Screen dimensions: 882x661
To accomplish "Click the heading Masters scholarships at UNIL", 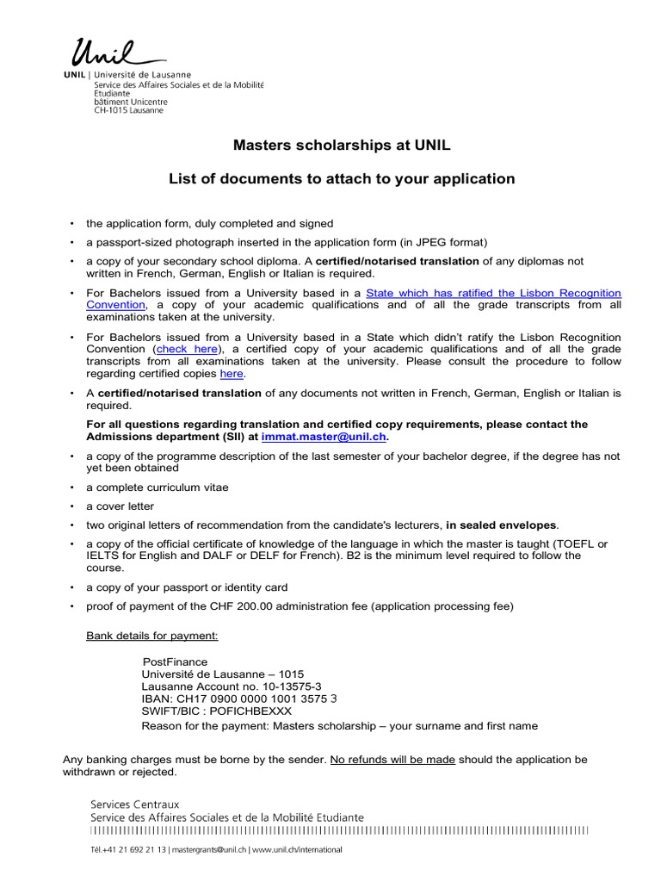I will (342, 146).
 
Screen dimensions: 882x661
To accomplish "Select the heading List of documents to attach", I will (342, 179).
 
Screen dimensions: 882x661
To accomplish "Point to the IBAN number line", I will (238, 699).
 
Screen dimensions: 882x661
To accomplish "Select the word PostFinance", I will (175, 661).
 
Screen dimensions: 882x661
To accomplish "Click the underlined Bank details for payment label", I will (151, 636).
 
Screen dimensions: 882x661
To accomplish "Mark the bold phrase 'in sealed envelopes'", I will (501, 525).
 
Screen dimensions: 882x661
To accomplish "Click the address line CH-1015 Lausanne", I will (127, 110).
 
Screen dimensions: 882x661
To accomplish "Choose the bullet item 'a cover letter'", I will (120, 506).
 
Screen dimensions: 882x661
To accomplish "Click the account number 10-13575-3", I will (275, 686).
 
